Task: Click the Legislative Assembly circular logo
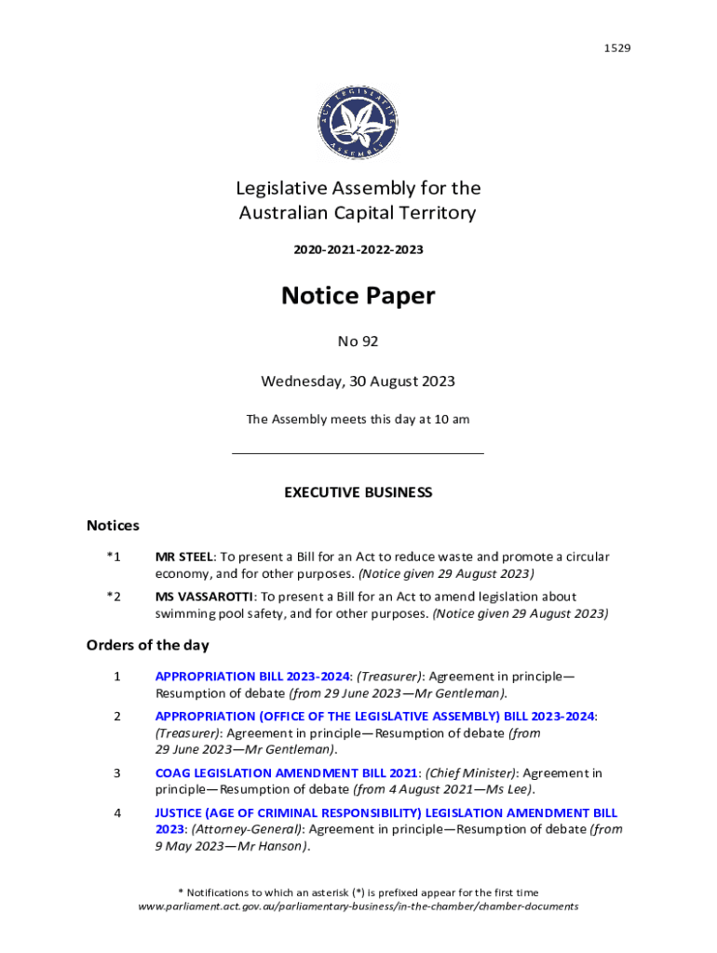click(x=358, y=122)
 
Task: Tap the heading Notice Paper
click(x=358, y=296)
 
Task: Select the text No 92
click(x=358, y=342)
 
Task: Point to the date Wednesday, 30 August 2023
click(x=358, y=381)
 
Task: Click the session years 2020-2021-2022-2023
click(x=358, y=250)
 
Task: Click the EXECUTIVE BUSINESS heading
click(x=358, y=492)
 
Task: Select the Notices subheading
click(x=113, y=526)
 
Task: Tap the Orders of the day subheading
click(x=147, y=645)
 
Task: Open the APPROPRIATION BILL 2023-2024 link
click(x=252, y=677)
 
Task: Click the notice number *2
click(x=113, y=596)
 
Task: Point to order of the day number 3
click(x=117, y=773)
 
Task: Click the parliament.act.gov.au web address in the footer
click(x=358, y=906)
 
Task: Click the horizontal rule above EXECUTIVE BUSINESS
click(x=358, y=453)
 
